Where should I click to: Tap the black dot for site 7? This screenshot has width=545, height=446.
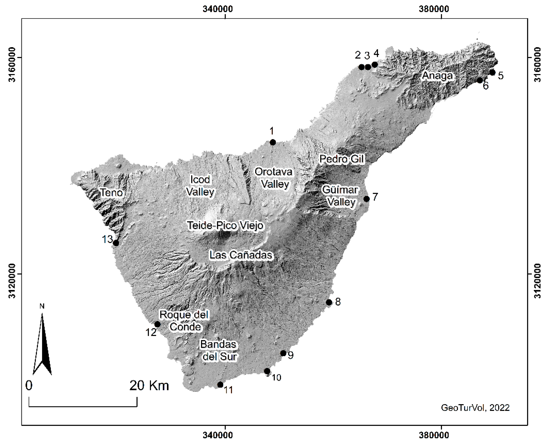click(366, 199)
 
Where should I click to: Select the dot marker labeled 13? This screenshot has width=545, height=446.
click(116, 243)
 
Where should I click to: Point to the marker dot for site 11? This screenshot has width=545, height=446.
click(220, 385)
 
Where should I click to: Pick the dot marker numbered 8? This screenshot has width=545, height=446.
click(329, 302)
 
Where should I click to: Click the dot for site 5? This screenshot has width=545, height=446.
click(492, 72)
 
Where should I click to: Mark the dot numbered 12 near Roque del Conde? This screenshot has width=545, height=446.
click(157, 324)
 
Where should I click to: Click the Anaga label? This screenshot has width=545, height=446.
click(437, 76)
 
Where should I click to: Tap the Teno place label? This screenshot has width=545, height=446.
click(111, 192)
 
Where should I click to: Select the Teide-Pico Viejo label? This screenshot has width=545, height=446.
click(225, 226)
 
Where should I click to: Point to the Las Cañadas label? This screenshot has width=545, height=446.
click(241, 255)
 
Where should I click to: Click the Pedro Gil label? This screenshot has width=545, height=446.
click(342, 159)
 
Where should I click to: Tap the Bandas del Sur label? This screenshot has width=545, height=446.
click(219, 350)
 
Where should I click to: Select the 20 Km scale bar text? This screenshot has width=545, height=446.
click(149, 386)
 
